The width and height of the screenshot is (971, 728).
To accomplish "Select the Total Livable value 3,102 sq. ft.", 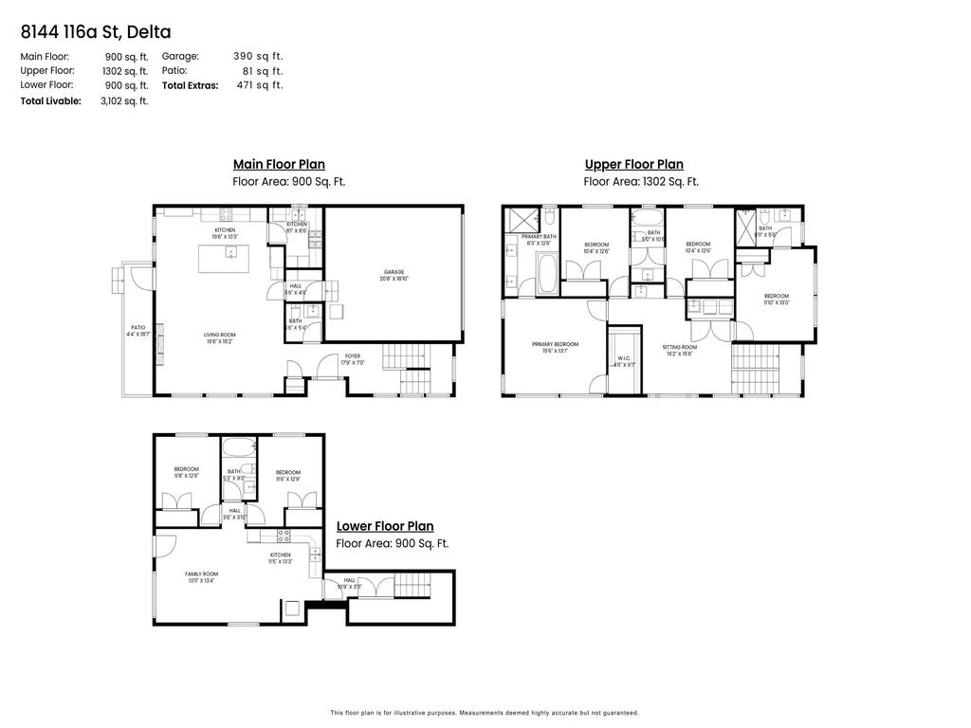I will (124, 100).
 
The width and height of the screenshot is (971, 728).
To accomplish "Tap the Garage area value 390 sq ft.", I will (258, 57).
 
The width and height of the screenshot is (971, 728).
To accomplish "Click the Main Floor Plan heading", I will (279, 165).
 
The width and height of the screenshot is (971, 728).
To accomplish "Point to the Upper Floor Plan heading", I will (633, 165).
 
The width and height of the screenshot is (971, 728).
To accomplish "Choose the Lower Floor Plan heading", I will (385, 527).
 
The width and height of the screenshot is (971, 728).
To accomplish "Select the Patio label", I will (137, 331).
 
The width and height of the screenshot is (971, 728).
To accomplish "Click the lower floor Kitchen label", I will (280, 557).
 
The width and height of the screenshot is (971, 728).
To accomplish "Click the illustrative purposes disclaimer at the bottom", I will (485, 713).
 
